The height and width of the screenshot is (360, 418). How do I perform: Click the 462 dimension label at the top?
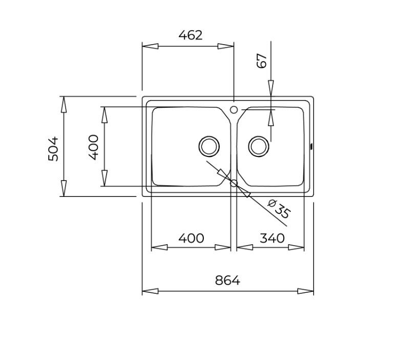click(x=191, y=35)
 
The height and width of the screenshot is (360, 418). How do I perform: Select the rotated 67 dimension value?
click(x=262, y=61)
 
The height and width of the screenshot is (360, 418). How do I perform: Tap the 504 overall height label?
click(x=53, y=149)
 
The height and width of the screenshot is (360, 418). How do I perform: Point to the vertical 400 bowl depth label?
click(x=94, y=147)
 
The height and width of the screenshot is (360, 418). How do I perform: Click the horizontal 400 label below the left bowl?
click(x=191, y=238)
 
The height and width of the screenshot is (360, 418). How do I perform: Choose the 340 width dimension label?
click(x=272, y=238)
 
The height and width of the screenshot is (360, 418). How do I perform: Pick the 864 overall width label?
click(x=227, y=281)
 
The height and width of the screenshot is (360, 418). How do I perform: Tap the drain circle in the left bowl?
click(x=209, y=146)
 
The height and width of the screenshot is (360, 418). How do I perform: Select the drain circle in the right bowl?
click(x=259, y=146)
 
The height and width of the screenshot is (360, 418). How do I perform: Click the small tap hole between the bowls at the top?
click(x=234, y=109)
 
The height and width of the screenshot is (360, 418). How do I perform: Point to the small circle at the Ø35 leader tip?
click(x=234, y=183)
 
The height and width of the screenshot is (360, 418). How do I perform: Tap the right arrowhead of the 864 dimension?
click(x=306, y=291)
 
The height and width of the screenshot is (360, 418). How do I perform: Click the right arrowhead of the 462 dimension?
click(x=226, y=46)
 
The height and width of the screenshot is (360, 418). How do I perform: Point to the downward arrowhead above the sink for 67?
click(x=271, y=88)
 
